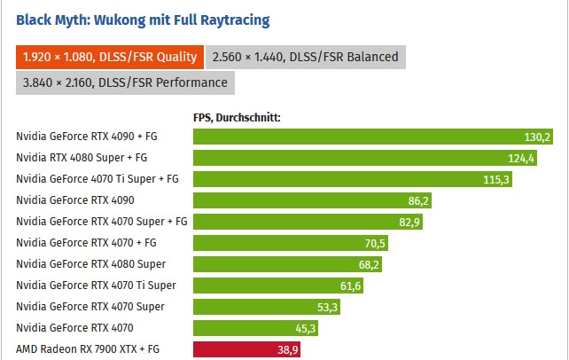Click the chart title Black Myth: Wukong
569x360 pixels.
(143, 19)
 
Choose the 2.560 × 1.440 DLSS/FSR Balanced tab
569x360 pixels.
(306, 57)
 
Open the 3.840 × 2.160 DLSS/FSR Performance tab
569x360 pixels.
(125, 82)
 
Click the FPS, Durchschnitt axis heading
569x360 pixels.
(237, 116)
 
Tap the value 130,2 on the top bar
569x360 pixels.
(537, 137)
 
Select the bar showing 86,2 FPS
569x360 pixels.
(314, 200)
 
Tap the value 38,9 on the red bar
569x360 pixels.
(287, 349)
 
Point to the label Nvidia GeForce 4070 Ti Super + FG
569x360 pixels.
(97, 179)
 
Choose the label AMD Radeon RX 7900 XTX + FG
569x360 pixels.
(87, 349)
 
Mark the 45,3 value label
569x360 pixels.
(304, 328)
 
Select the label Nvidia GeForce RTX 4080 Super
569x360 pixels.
(78, 264)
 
